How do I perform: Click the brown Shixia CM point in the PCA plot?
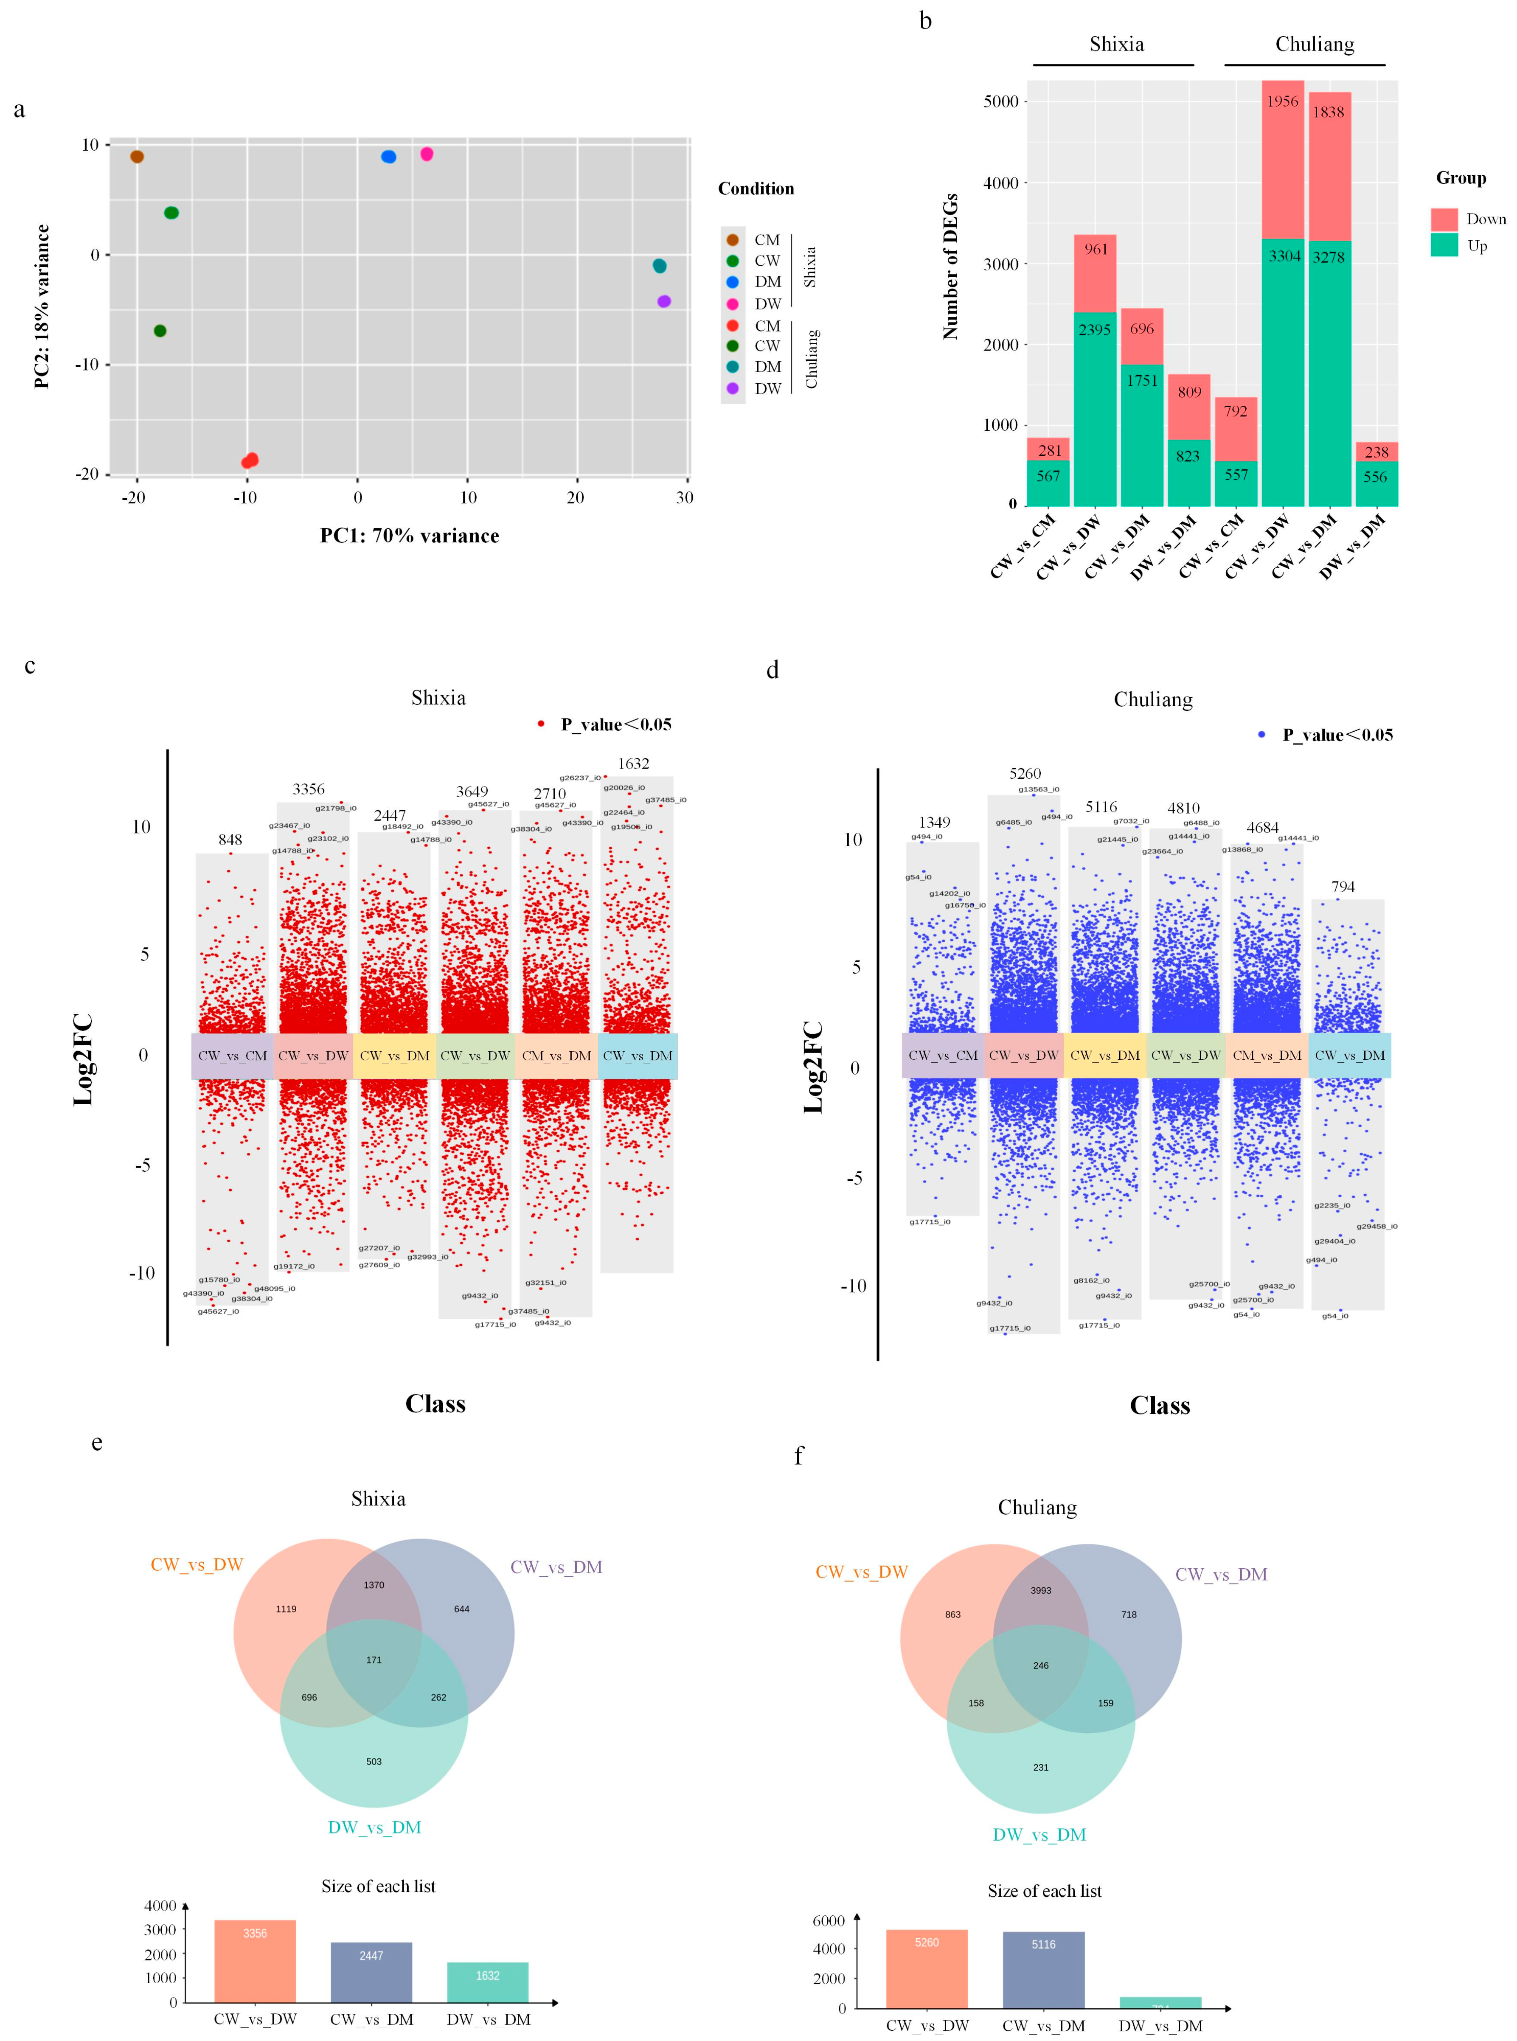(137, 157)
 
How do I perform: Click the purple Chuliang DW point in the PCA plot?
(665, 301)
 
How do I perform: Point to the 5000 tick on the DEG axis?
(1001, 102)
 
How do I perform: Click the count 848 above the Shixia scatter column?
(230, 840)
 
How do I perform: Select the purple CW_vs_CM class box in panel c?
(232, 1056)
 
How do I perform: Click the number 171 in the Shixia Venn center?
(374, 1660)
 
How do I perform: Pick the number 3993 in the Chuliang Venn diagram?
(1040, 1590)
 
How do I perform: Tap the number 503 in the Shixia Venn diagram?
(374, 1762)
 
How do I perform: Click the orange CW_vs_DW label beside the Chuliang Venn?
(861, 1572)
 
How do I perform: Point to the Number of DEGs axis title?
(950, 266)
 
